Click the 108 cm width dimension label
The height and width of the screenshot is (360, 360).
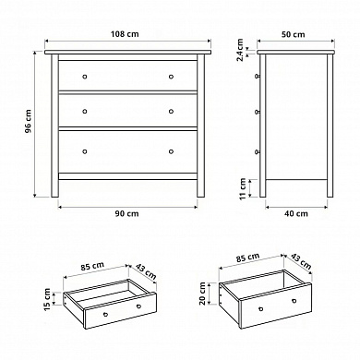coord(125,34)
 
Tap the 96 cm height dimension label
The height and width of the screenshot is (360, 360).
coord(29,121)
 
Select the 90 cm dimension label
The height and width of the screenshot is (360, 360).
coord(126,213)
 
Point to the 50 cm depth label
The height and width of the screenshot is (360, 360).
coord(294,34)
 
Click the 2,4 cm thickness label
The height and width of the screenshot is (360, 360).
coord(241,50)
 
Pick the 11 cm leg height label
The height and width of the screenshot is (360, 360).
coord(243,188)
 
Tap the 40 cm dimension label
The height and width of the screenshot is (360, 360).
coord(296,213)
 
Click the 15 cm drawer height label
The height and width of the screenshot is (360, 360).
coord(47,299)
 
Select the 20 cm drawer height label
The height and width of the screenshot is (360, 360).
coord(202,294)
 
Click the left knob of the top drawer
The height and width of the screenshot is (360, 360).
coord(85,77)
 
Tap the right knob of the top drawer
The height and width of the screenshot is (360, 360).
coord(171,77)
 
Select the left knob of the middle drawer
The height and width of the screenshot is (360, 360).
coord(85,111)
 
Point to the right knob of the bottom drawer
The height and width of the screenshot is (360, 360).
coord(171,151)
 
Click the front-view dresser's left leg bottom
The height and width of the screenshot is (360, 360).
coord(54,196)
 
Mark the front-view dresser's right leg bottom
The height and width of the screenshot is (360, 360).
coord(200,196)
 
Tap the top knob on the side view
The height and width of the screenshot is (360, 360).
coord(258,76)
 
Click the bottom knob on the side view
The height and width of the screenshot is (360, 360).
coord(258,151)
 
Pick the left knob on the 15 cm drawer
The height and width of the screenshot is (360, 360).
coord(105,314)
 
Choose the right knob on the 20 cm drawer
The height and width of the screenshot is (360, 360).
coord(294,301)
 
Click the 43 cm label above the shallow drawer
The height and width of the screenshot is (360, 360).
coord(146,270)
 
